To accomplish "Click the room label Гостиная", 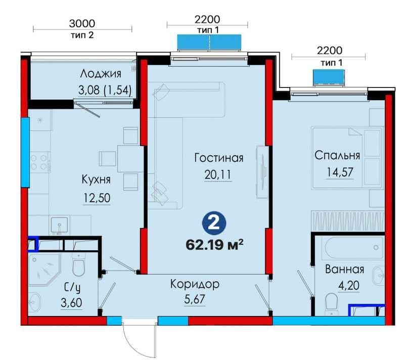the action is pos(219,158).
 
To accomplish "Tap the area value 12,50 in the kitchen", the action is pos(97,198).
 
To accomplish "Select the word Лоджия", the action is pos(101,74).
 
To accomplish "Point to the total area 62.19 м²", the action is pos(214,245).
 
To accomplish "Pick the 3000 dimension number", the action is pos(82,24).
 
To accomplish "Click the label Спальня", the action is pos(337,155).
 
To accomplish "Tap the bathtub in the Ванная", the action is pos(354,248).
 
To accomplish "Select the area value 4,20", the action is pos(349,285).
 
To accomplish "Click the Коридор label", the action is pos(195,285).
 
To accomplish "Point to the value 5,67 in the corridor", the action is pos(195,299).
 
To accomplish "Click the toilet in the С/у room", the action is pos(78,264).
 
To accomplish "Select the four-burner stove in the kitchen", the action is pos(40,162).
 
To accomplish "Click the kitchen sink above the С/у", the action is pos(60,225).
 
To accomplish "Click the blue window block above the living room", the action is pos(209,42).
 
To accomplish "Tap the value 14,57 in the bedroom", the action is pos(340,172).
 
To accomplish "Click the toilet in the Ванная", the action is pos(332,303).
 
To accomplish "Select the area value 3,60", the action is pos(71,303).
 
